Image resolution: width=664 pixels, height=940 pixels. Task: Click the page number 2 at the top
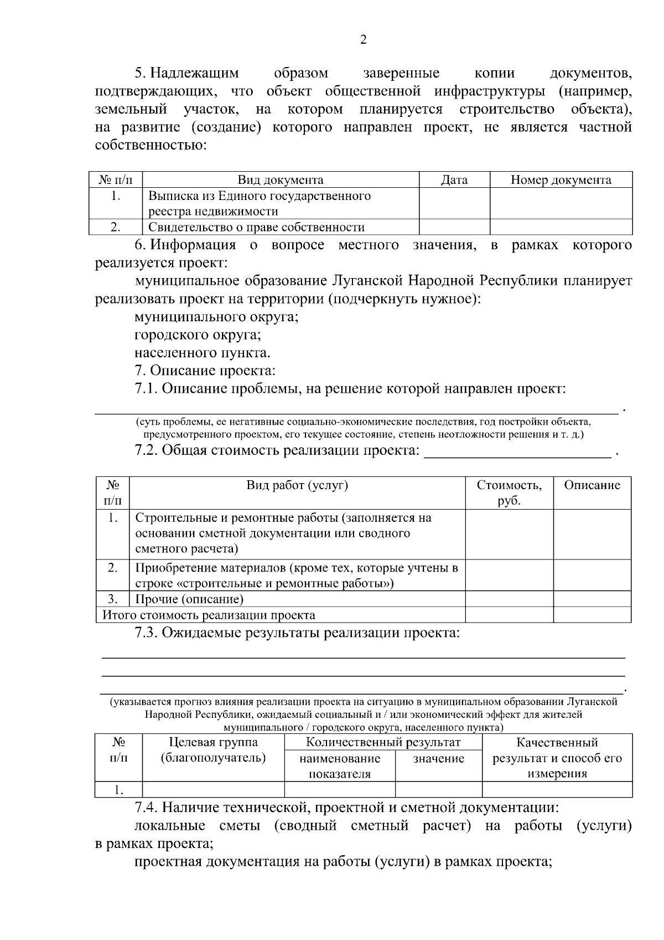pyautogui.click(x=363, y=40)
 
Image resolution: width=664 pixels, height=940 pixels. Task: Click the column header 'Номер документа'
pyautogui.click(x=561, y=180)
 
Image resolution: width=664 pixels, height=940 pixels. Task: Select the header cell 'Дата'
pyautogui.click(x=454, y=180)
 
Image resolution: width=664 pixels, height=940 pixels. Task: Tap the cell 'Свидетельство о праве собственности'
pyautogui.click(x=256, y=227)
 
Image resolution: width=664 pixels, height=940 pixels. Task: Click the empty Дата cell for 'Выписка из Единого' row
pyautogui.click(x=454, y=203)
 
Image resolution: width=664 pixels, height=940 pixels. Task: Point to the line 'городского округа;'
pyautogui.click(x=198, y=335)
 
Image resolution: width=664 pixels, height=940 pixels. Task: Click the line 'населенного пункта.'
pyautogui.click(x=202, y=353)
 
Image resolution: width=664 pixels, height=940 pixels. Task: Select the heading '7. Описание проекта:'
pyautogui.click(x=205, y=371)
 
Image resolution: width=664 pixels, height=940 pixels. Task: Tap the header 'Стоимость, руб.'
pyautogui.click(x=509, y=492)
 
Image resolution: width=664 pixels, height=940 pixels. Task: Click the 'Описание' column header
pyautogui.click(x=592, y=485)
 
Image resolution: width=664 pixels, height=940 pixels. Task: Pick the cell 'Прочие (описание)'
pyautogui.click(x=189, y=599)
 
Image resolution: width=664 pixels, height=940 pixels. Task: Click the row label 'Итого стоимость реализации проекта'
pyautogui.click(x=209, y=615)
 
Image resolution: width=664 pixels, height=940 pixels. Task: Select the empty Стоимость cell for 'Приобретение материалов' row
pyautogui.click(x=509, y=575)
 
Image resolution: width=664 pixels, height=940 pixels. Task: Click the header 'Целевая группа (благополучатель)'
pyautogui.click(x=213, y=750)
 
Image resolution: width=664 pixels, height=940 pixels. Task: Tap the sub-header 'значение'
pyautogui.click(x=438, y=759)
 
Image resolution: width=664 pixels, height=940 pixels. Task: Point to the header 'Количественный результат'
pyautogui.click(x=383, y=742)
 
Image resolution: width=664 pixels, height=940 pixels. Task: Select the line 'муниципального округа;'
pyautogui.click(x=216, y=317)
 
